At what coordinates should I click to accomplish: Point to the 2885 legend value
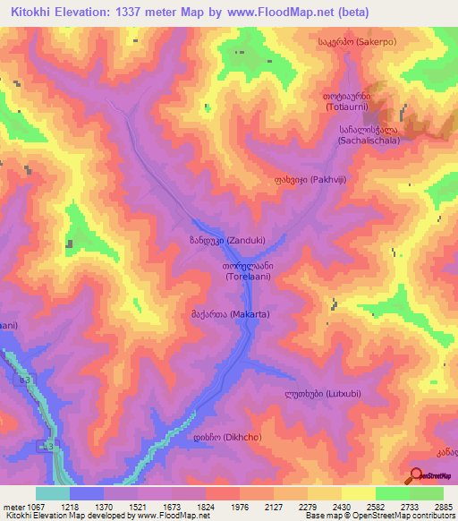tap(443, 506)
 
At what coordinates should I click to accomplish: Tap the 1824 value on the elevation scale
tap(205, 506)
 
